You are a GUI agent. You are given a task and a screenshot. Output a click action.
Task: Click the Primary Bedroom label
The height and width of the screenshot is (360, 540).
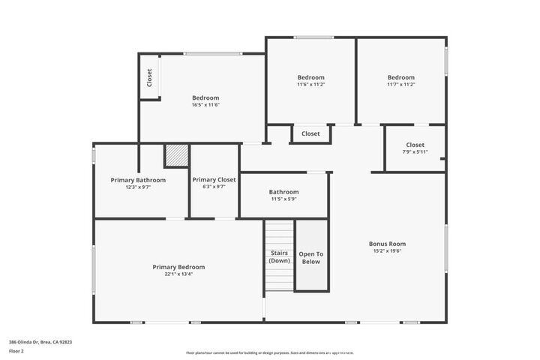pos(178,267)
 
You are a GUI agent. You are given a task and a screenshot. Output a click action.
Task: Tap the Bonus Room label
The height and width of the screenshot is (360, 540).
pos(387,244)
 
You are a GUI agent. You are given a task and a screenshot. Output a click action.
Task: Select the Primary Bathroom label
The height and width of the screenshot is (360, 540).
pos(138,180)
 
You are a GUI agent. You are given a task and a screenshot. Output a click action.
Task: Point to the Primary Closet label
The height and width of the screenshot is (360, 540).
pos(214,180)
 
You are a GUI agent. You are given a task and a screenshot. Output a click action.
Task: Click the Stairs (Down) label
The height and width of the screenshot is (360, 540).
pos(280,257)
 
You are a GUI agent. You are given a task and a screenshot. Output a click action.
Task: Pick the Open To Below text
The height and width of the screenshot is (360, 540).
pos(310,257)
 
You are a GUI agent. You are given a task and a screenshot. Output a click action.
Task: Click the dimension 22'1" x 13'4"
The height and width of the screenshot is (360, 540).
pos(178,274)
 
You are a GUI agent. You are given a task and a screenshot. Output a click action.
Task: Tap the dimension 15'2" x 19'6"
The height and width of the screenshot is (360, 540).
pos(387,251)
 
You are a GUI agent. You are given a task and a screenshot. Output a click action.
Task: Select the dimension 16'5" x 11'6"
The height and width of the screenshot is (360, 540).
pos(205,105)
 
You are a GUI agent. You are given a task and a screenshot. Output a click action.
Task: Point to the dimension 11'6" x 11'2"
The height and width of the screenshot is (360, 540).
pos(310,85)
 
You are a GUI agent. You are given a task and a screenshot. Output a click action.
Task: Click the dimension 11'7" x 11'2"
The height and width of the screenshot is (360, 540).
pos(400,85)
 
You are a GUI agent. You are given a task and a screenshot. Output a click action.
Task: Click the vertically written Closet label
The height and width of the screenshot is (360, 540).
pos(149,78)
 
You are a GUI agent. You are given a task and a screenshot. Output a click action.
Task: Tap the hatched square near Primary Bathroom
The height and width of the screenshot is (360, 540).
pos(176,156)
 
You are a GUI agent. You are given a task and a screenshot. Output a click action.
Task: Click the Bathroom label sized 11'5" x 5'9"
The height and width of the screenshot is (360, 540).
pos(283,192)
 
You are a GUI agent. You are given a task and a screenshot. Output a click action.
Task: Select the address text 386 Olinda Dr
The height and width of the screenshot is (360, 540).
pos(40,341)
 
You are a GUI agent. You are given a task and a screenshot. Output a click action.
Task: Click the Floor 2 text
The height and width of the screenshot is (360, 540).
pos(16,350)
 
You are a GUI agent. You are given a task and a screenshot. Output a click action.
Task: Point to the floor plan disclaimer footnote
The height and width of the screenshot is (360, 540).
pos(270,352)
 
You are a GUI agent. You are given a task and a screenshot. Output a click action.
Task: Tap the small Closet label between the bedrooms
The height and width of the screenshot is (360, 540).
pos(310,133)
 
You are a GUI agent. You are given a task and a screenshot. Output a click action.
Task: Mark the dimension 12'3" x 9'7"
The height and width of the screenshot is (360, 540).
pos(138,187)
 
